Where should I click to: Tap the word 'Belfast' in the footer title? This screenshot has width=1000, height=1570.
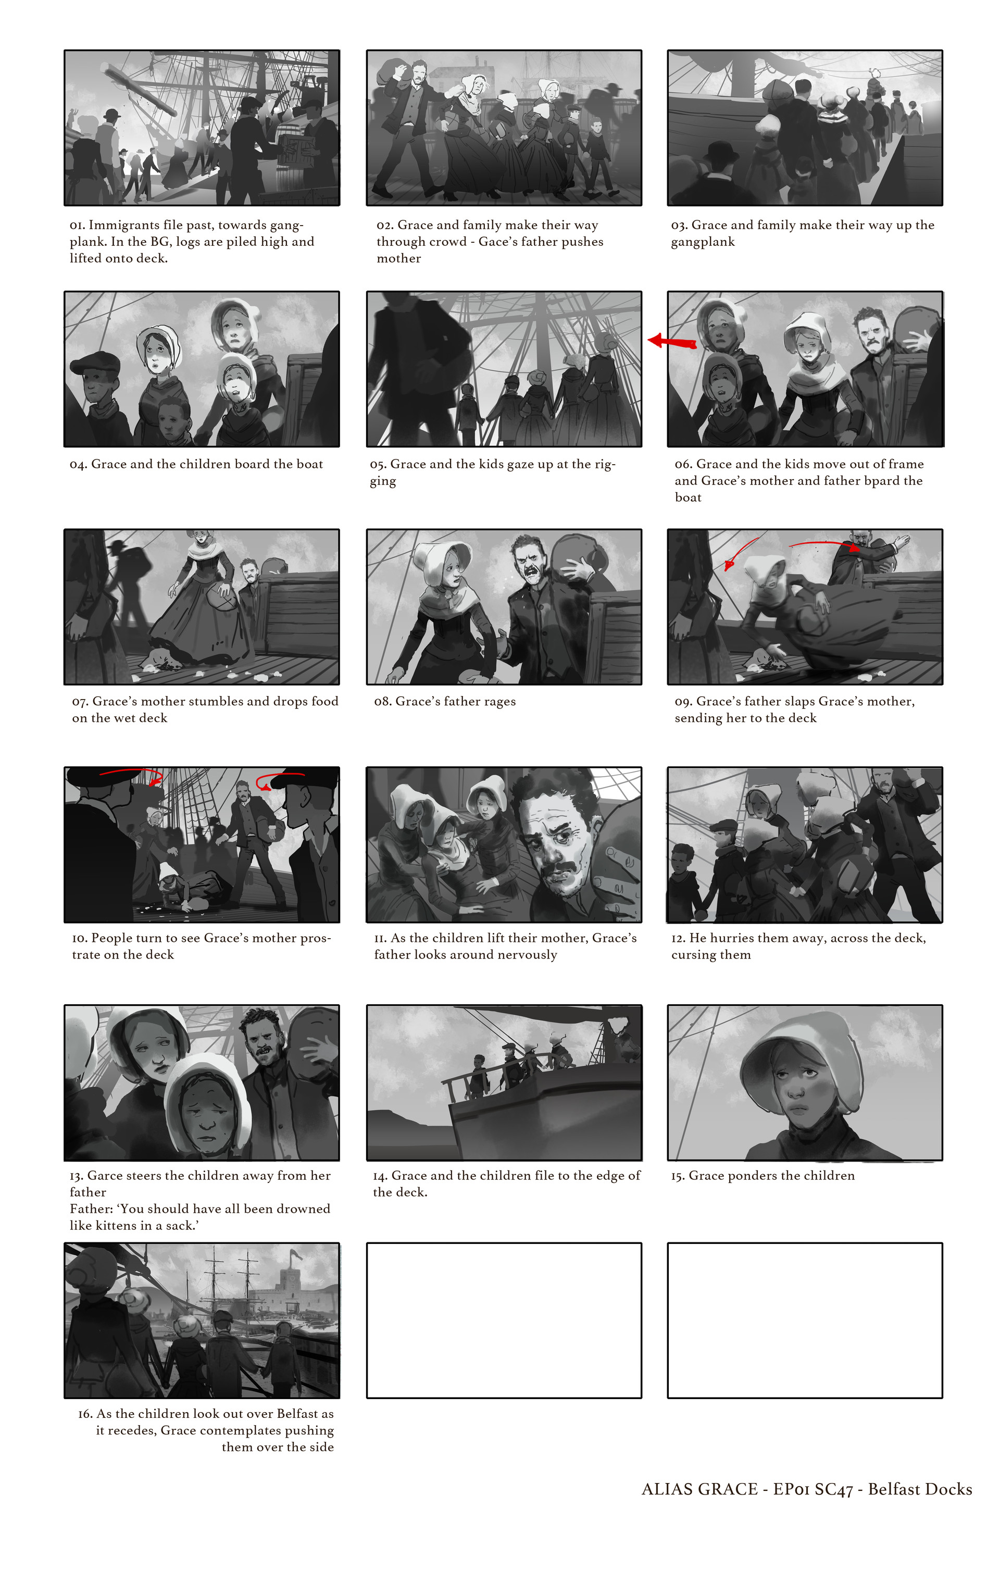[893, 1489]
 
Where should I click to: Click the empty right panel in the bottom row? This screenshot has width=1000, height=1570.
[805, 1320]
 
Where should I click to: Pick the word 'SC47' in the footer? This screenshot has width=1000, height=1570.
[834, 1489]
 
